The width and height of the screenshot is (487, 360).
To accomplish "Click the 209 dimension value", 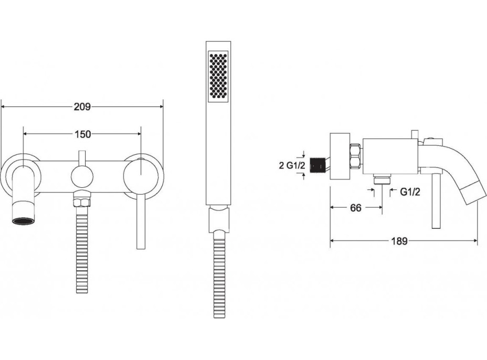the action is coord(82,107).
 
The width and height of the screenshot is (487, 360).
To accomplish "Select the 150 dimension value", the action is coord(83,134).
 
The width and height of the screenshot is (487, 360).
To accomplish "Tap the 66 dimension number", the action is coord(356,208).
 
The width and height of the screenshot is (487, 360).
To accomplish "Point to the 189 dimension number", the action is coord(399,241).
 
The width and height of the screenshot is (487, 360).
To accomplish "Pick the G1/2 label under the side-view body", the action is coord(410,192).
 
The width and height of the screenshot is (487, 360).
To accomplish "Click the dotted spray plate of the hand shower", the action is coord(218,76).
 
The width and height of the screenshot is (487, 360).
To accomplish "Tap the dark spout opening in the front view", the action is coord(23,221).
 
